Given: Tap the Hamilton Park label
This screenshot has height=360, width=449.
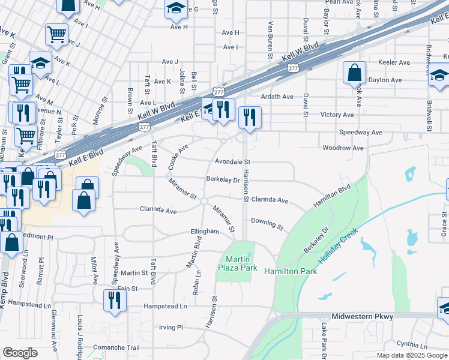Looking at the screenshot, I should tap(290, 271).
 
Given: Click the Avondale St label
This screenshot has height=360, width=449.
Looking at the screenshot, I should tap(232, 162).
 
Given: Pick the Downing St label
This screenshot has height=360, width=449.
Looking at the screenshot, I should tap(267, 223).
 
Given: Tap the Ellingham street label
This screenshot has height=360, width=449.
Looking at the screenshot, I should tap(204, 232).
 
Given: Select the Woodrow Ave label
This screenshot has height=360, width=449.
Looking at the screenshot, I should tap(343, 148).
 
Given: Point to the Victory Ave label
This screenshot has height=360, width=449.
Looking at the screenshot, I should tap(337, 115).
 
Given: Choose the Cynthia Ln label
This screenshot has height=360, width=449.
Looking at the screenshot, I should tap(412, 345).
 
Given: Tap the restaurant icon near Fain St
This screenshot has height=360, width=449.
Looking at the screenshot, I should tap(112, 299).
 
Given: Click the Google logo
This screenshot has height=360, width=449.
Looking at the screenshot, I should tap(20, 353).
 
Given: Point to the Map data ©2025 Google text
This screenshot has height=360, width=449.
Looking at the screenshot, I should tap(411, 355).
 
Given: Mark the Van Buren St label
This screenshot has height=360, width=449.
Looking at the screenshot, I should tap(271, 40).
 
